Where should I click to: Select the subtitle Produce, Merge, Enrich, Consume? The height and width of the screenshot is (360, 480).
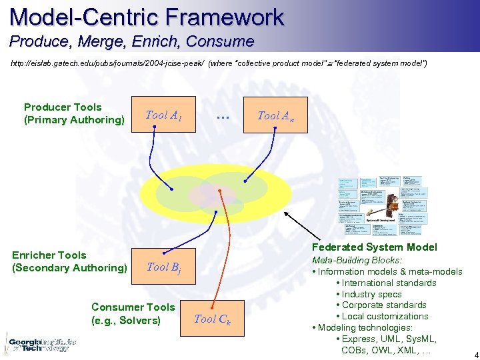point(131,41)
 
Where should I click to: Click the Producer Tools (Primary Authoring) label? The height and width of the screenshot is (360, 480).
point(73,113)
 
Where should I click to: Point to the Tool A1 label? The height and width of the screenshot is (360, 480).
point(163,115)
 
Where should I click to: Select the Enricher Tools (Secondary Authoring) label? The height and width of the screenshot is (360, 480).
point(69,261)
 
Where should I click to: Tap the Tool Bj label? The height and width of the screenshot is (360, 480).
point(163,267)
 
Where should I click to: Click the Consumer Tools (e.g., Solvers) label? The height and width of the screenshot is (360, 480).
point(133,313)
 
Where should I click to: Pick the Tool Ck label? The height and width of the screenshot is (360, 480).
point(212,319)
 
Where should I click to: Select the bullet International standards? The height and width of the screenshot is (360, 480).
point(389,283)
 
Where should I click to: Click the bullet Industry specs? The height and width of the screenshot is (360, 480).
point(372,294)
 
